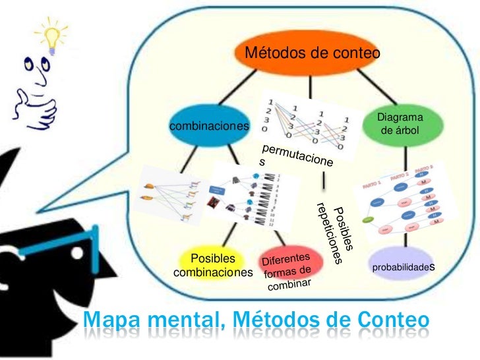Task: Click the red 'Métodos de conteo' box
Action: pos(312,53)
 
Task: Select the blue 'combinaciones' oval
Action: pos(210,126)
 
